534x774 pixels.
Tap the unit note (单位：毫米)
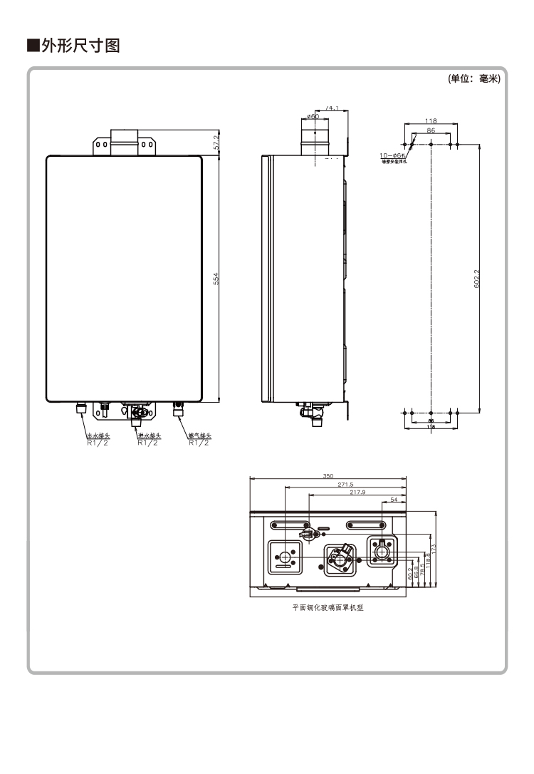(474, 79)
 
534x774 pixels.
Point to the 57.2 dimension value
(216, 142)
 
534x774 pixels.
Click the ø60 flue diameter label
(313, 117)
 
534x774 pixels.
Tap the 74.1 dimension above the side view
(332, 108)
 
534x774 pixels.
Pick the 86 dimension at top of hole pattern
(431, 131)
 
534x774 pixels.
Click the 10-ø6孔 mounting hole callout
(392, 155)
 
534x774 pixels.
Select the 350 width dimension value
(328, 475)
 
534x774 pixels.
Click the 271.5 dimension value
(345, 485)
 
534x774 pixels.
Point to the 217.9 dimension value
(357, 492)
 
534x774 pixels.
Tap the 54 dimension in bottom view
(394, 500)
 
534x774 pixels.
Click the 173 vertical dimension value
(433, 549)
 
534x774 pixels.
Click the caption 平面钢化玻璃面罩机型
(328, 609)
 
